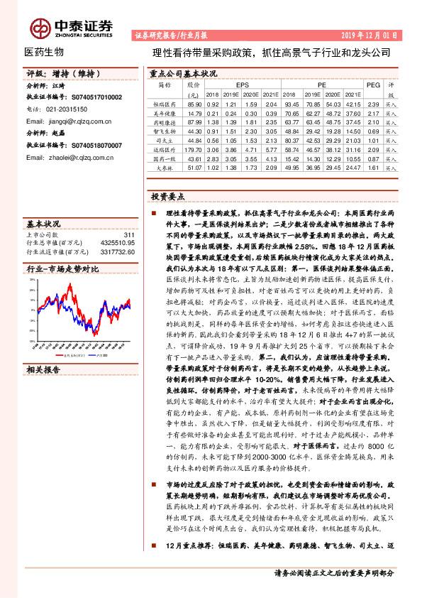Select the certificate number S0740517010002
tap(93, 97)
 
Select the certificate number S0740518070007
tap(93, 145)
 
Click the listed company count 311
tap(129, 234)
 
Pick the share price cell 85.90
tap(193, 104)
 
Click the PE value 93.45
tap(291, 104)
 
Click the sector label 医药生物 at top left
tap(44, 52)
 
